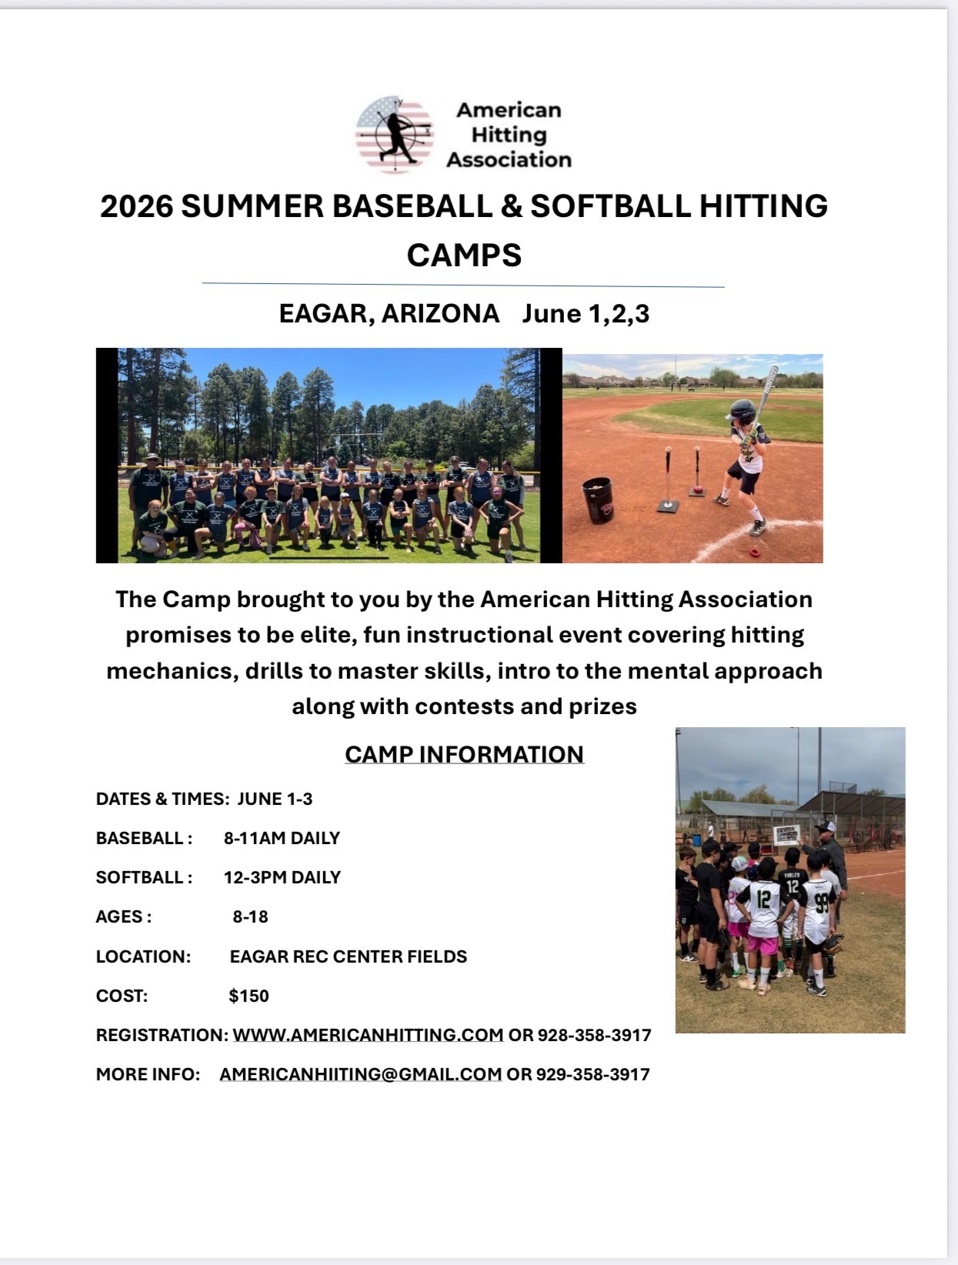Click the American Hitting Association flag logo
[x=395, y=135]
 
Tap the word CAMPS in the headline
[x=464, y=255]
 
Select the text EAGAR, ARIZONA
[x=389, y=313]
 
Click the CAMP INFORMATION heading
[x=464, y=754]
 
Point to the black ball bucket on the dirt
[x=598, y=499]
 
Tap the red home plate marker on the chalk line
[x=755, y=552]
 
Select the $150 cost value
[x=249, y=996]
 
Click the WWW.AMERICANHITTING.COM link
[x=368, y=1035]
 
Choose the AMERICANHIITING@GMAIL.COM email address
[x=361, y=1074]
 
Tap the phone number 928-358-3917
[x=595, y=1035]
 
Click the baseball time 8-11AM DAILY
[x=282, y=838]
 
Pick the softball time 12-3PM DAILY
[x=282, y=877]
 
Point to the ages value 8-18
[x=251, y=917]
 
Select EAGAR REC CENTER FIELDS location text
[x=349, y=956]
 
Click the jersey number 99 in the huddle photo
[x=822, y=903]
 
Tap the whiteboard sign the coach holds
[x=787, y=835]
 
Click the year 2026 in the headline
[x=136, y=206]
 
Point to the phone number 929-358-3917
[x=592, y=1074]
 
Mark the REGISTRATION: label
[x=162, y=1035]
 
